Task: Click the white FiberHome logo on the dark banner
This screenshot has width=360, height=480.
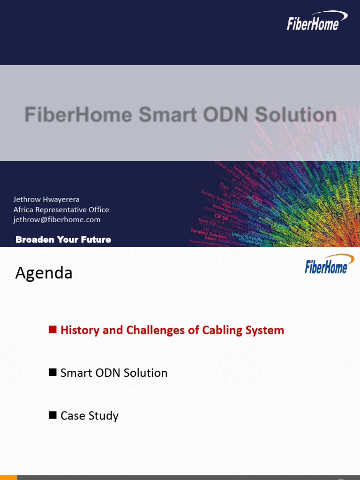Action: [316, 22]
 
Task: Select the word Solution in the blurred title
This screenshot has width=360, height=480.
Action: [290, 115]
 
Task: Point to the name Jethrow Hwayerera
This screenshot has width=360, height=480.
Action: [46, 199]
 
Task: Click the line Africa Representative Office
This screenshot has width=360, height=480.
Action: [61, 210]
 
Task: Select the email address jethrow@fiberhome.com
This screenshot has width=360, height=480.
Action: [57, 219]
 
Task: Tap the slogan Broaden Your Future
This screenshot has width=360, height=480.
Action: [63, 240]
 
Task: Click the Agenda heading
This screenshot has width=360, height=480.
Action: [44, 273]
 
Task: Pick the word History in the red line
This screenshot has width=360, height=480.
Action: [80, 330]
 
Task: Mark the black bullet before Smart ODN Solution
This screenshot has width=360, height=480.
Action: [52, 373]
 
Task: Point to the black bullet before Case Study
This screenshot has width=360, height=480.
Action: [52, 415]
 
